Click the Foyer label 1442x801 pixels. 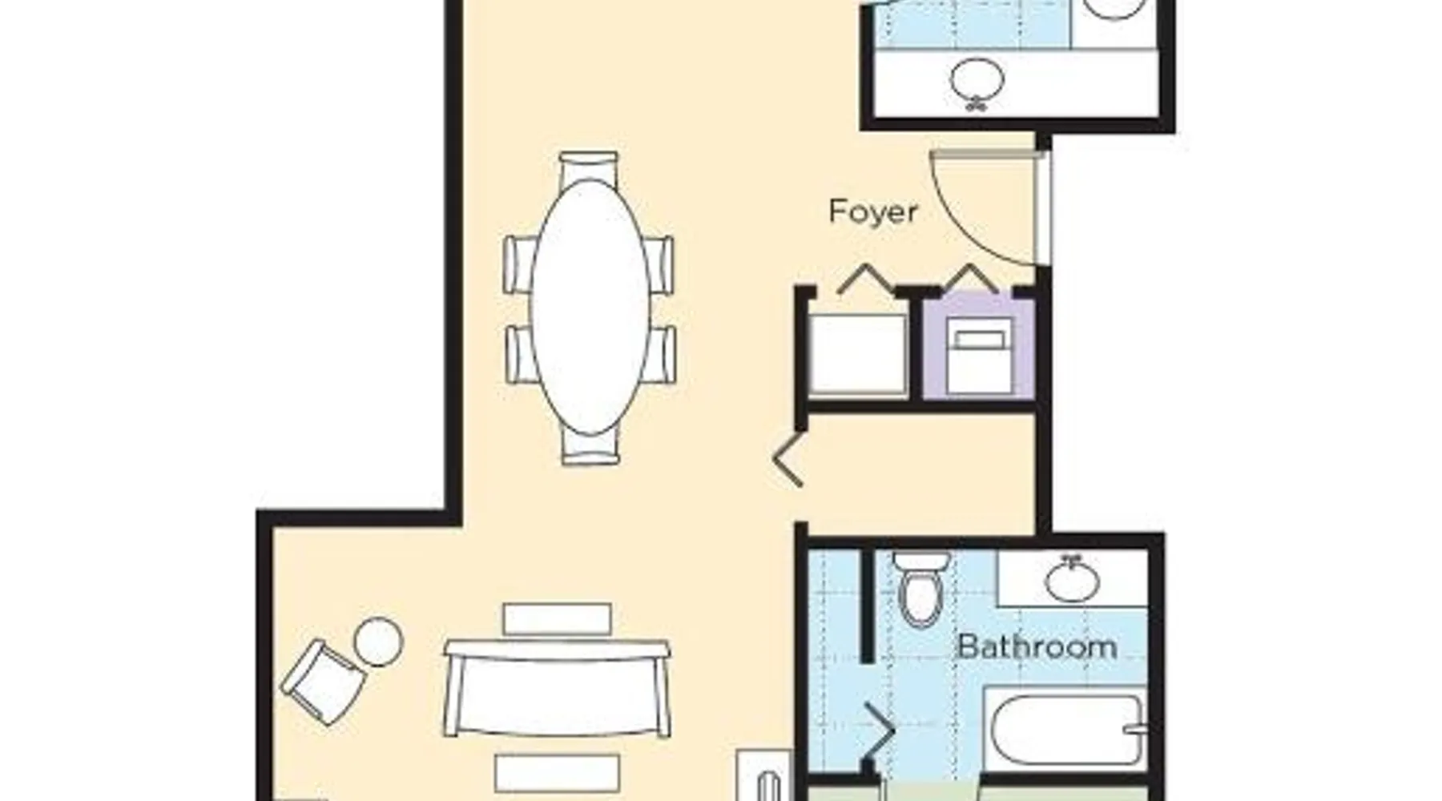click(x=872, y=212)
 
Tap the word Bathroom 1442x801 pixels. click(x=1037, y=646)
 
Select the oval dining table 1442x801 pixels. click(x=590, y=308)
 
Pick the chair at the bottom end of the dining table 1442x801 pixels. click(x=590, y=447)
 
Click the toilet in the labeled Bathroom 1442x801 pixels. click(x=921, y=588)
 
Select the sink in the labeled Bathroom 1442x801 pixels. click(x=1072, y=578)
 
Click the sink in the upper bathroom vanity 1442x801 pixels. click(x=977, y=83)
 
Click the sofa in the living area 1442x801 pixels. click(x=557, y=688)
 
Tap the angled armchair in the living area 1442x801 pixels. click(x=322, y=681)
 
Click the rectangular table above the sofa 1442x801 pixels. click(x=558, y=618)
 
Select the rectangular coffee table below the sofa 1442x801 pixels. click(x=557, y=774)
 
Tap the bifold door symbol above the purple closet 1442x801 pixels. click(x=971, y=277)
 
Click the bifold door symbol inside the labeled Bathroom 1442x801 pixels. click(x=877, y=731)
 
